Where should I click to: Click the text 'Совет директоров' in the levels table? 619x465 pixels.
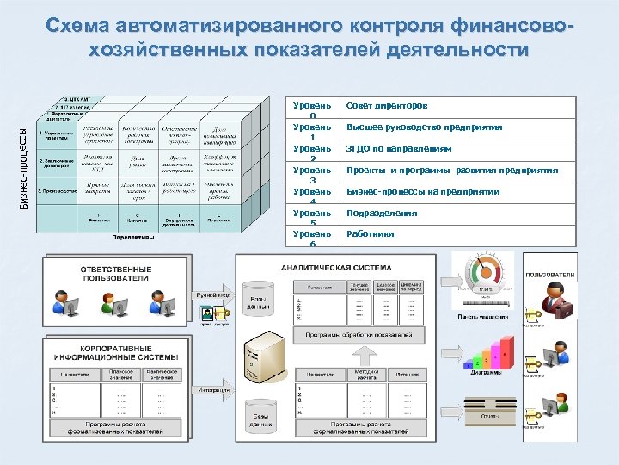[x=386, y=105]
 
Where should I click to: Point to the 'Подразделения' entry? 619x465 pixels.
[x=382, y=213]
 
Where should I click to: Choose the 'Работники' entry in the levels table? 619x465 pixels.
[x=371, y=233]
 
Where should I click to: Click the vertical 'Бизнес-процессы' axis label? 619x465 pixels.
[x=23, y=168]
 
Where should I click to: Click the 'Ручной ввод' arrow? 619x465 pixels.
[x=214, y=297]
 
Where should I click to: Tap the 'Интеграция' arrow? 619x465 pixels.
[x=214, y=390]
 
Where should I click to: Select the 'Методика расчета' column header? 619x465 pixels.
[x=361, y=374]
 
